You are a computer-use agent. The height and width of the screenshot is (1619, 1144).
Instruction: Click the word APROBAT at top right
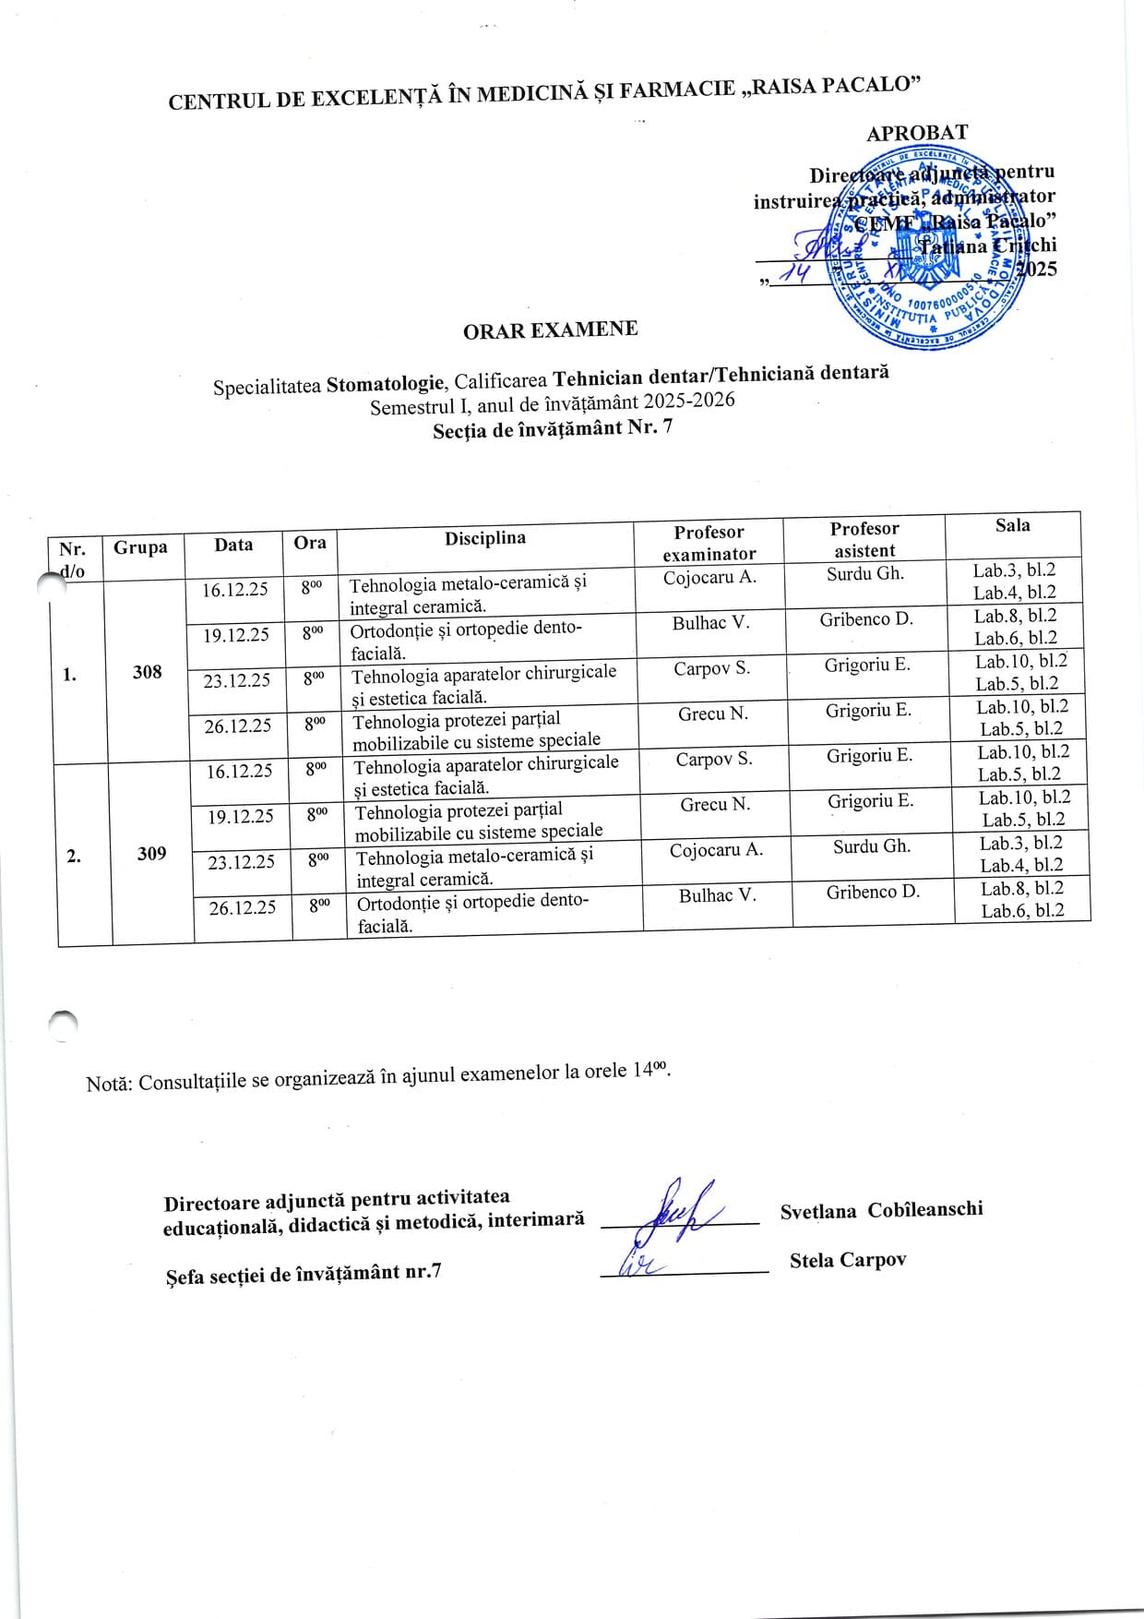[x=916, y=133]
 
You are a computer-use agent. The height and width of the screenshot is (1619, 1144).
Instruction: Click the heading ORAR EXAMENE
[x=550, y=330]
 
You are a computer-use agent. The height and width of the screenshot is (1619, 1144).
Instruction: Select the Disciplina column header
[x=484, y=538]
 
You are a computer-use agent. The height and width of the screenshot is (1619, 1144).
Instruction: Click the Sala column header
[x=1012, y=525]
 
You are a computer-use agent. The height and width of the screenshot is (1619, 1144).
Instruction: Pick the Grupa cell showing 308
[x=147, y=672]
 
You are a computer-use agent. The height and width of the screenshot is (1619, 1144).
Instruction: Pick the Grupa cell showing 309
[x=151, y=854]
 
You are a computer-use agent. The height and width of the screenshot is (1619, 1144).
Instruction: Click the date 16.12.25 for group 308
[x=235, y=589]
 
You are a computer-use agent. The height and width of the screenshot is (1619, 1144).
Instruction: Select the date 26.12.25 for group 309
[x=242, y=907]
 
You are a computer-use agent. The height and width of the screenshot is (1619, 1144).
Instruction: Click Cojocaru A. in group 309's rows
[x=716, y=850]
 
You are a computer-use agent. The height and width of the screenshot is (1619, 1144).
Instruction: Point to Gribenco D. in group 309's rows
[x=873, y=892]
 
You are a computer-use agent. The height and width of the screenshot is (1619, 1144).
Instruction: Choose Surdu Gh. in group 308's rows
[x=864, y=573]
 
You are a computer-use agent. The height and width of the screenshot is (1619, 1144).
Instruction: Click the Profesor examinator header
[x=709, y=543]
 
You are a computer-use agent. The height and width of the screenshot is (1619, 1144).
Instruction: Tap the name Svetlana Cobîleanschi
[x=881, y=1210]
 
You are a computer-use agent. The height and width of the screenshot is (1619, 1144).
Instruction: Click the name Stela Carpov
[x=847, y=1260]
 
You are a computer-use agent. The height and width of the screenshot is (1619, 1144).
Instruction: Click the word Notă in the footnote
[x=109, y=1083]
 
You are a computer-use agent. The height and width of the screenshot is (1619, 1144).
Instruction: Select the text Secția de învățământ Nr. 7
[x=553, y=428]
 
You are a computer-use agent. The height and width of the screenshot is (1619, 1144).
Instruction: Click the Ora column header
[x=310, y=542]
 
